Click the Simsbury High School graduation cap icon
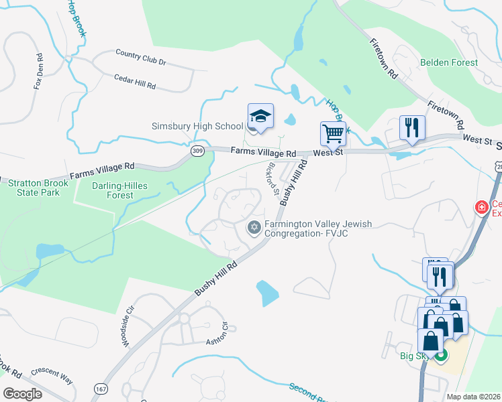click(x=260, y=117)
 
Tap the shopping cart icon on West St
click(x=332, y=133)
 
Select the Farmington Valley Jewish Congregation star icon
click(x=254, y=228)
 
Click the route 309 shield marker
click(x=197, y=152)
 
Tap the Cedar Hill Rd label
click(x=135, y=82)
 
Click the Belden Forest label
click(x=449, y=62)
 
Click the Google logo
click(x=22, y=394)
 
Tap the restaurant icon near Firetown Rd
click(x=411, y=127)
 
